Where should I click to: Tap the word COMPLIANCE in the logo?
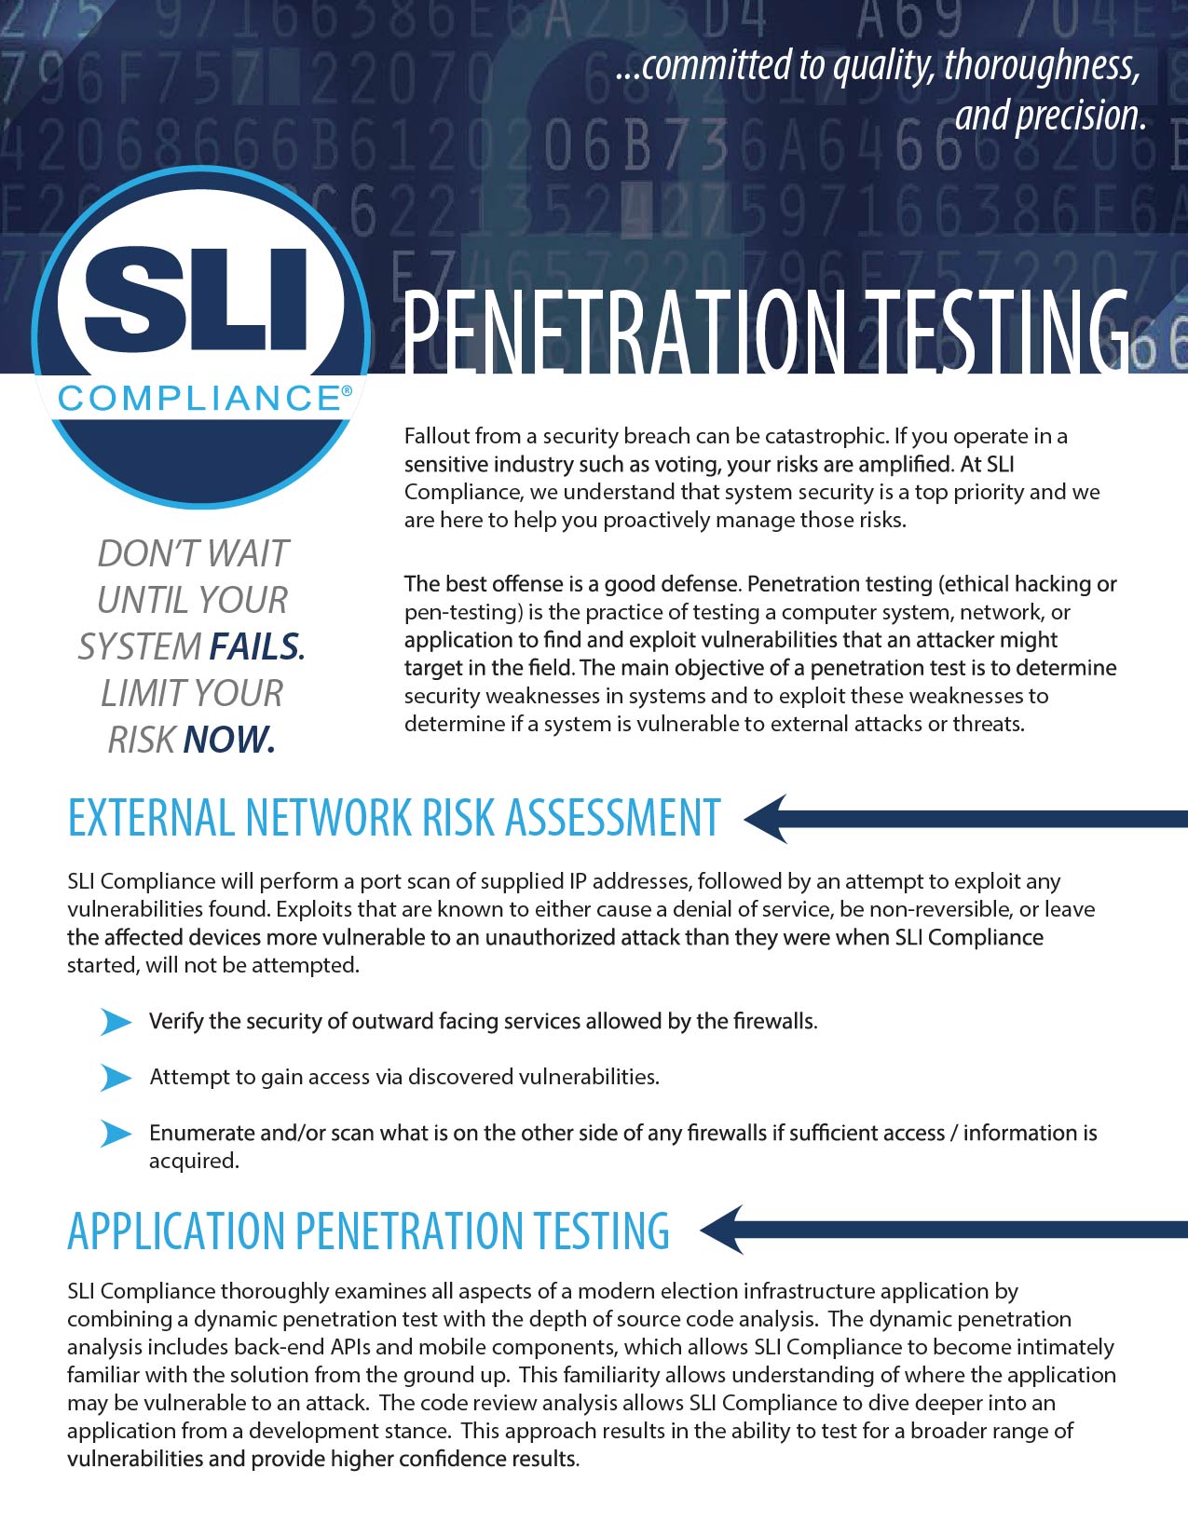198,399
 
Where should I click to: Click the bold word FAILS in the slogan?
255,646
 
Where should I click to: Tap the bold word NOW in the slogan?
228,740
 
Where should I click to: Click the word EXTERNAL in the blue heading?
150,818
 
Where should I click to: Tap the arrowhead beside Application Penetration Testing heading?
723,1230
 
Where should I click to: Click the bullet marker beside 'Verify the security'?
116,1022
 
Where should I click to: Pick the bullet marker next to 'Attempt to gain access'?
116,1078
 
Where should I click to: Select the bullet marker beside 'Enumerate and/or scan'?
116,1134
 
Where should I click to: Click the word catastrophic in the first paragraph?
826,436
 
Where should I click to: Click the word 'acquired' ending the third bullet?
192,1161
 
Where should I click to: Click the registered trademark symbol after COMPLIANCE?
347,392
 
